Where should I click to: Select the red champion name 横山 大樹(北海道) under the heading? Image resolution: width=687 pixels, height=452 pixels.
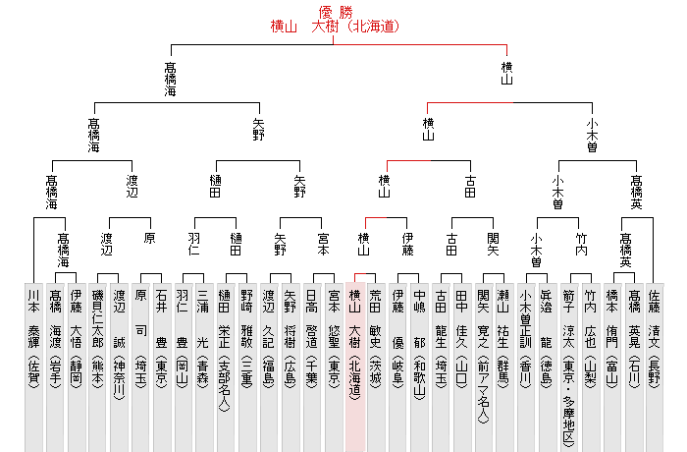pos(335,27)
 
